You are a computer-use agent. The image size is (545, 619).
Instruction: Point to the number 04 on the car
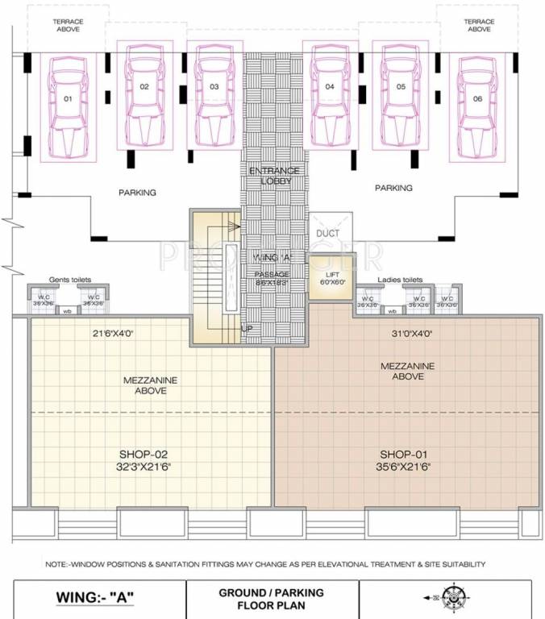[330, 86]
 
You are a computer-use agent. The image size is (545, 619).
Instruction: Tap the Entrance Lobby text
[274, 176]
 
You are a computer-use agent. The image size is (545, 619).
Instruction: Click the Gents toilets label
[70, 280]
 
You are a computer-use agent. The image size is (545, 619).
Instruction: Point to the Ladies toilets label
[401, 280]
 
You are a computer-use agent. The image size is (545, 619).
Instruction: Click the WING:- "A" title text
[94, 598]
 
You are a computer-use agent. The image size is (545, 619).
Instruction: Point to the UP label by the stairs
[248, 329]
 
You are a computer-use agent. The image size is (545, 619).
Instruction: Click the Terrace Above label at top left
[68, 24]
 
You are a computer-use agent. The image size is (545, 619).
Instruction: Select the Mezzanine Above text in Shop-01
[407, 371]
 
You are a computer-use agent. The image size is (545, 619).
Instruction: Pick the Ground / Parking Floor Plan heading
[271, 599]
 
